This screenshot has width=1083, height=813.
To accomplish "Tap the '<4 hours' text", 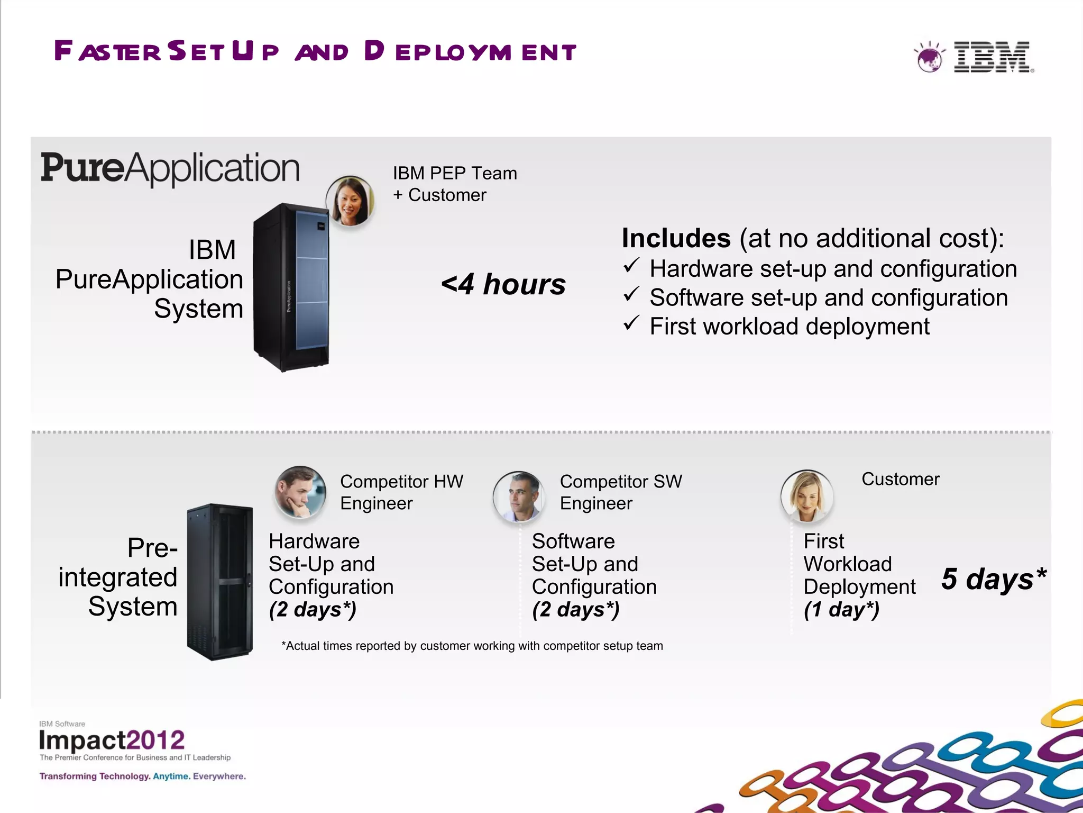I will (x=503, y=284).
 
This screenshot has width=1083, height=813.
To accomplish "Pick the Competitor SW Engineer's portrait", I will (x=519, y=496).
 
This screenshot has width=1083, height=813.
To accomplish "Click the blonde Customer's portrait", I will (x=807, y=496).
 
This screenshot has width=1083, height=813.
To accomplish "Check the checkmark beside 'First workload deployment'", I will (x=631, y=323).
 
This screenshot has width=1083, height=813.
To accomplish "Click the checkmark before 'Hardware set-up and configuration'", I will (x=631, y=265).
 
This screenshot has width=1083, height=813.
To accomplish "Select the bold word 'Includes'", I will (x=676, y=238).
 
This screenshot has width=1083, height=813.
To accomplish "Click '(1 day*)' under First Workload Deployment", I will (x=841, y=610).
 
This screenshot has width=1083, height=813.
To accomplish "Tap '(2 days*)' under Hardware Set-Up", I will (x=313, y=610).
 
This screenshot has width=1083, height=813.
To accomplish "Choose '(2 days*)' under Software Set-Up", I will (x=575, y=610).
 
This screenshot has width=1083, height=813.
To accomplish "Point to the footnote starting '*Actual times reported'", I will (x=472, y=646).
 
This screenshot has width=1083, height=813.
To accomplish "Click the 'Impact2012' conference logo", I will (x=112, y=740).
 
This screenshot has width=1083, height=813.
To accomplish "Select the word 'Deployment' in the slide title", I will (x=470, y=51).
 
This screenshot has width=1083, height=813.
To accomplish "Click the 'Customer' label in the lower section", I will (x=901, y=479).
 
